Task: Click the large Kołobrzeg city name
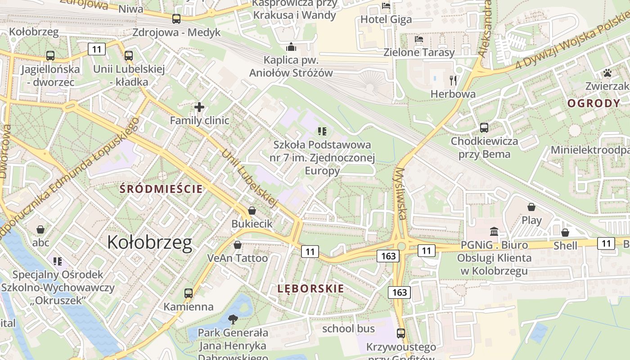pos(149,243)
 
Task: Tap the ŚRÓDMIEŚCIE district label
pos(161,189)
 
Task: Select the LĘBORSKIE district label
pos(310,289)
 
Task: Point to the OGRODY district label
pos(594,103)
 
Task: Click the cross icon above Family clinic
pos(199,107)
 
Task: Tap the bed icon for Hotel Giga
pos(386,6)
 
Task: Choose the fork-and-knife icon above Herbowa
pos(453,81)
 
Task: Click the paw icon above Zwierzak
pos(607,73)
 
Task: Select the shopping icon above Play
pos(531,207)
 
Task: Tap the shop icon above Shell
pos(565,233)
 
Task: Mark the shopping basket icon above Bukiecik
pos(252,211)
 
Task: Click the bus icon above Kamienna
pos(189,293)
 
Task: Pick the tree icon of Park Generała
pos(233,319)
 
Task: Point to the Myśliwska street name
pos(400,193)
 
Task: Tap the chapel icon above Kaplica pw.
pos(291,47)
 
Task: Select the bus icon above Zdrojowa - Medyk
pos(176,19)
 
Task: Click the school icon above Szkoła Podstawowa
pos(322,131)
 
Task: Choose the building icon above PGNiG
pos(494,232)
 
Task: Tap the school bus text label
pos(348,328)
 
